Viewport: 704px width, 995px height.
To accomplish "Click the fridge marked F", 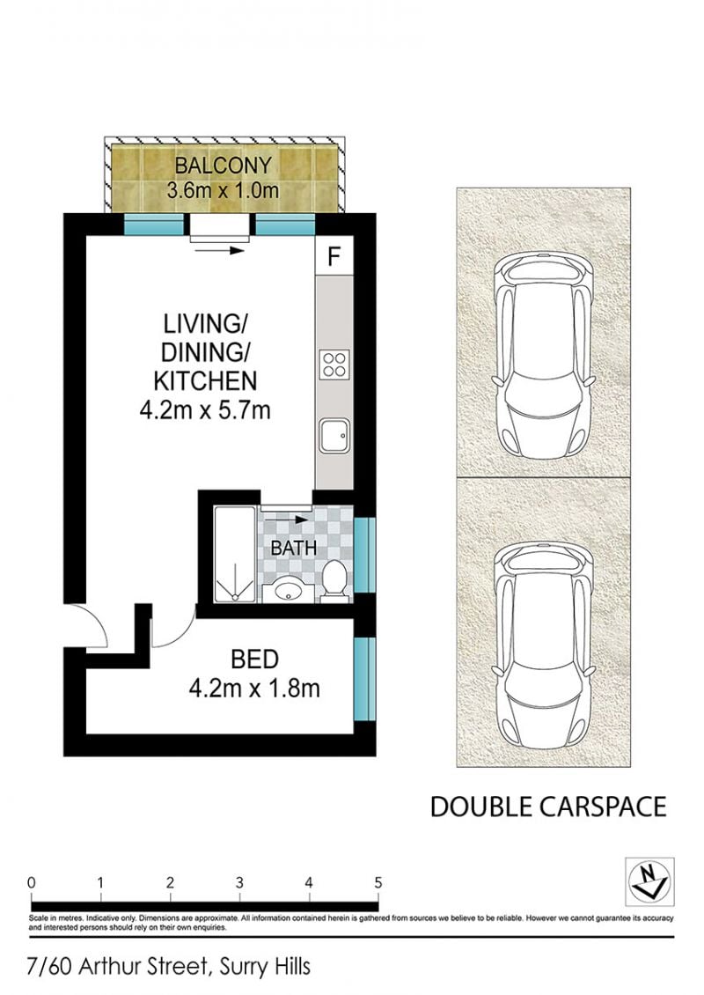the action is point(334,255).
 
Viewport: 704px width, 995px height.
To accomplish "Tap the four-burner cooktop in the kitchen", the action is point(334,365).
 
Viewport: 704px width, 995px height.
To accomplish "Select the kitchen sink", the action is point(334,435).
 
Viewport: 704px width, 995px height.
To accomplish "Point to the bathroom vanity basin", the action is point(288,592).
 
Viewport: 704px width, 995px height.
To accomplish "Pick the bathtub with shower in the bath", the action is point(235,554).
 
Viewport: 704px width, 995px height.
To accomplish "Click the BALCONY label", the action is point(223,166).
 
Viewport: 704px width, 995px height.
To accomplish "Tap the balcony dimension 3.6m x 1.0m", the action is point(223,189).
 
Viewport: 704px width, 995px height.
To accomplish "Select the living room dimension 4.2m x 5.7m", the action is point(205,410).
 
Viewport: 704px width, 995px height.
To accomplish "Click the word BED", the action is point(255,660).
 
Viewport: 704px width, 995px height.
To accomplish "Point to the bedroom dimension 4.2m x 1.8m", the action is point(254,688).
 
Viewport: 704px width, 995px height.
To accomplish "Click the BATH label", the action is point(294,548).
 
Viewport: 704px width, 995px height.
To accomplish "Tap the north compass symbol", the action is point(649,881).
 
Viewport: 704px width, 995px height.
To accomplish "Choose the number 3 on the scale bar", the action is point(239,882).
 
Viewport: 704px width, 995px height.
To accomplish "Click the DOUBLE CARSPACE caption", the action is point(548,807).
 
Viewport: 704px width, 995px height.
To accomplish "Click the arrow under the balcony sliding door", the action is point(219,251).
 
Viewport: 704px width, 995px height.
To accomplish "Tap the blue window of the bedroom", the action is point(364,679).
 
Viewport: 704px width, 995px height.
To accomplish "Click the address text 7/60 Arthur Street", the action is point(118,967).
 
